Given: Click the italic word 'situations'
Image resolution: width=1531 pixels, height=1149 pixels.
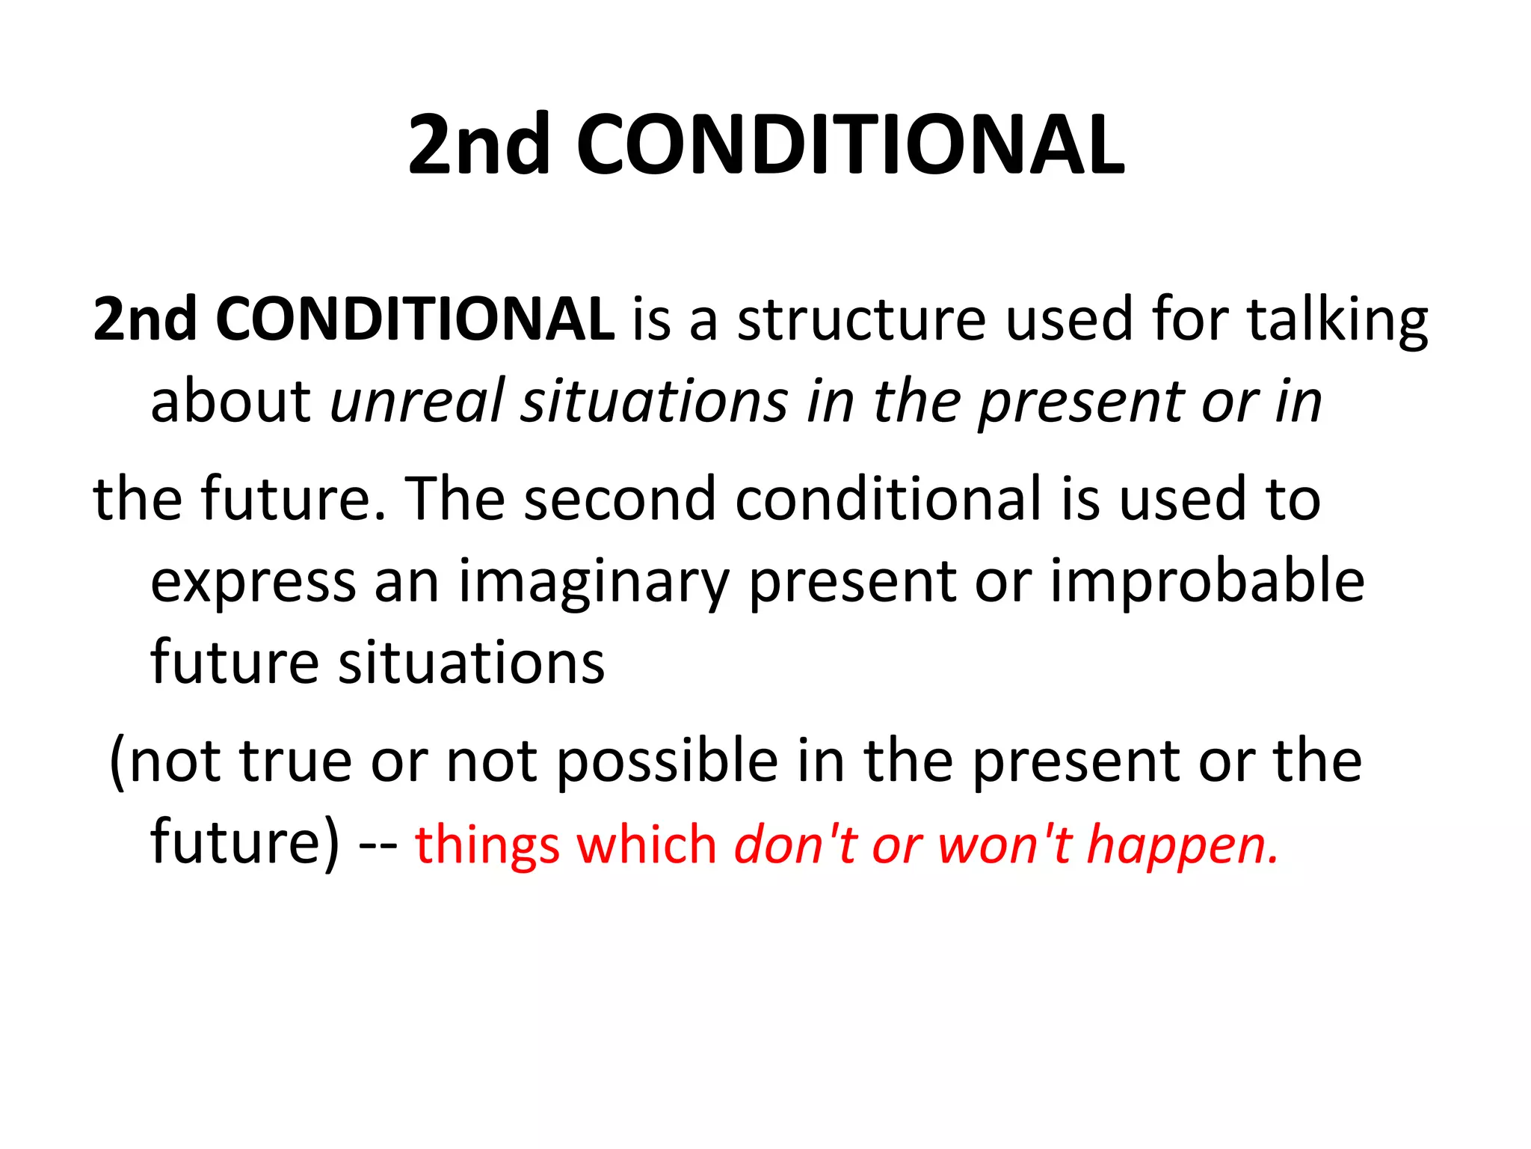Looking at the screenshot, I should [x=654, y=402].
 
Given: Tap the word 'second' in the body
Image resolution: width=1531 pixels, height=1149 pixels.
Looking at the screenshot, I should [x=620, y=499].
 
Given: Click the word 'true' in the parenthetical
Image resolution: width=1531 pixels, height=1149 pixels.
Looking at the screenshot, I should [x=295, y=762].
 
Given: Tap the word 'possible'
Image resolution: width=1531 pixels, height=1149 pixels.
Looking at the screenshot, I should [x=668, y=762].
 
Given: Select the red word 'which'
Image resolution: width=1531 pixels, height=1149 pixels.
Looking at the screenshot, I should [x=647, y=845].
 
